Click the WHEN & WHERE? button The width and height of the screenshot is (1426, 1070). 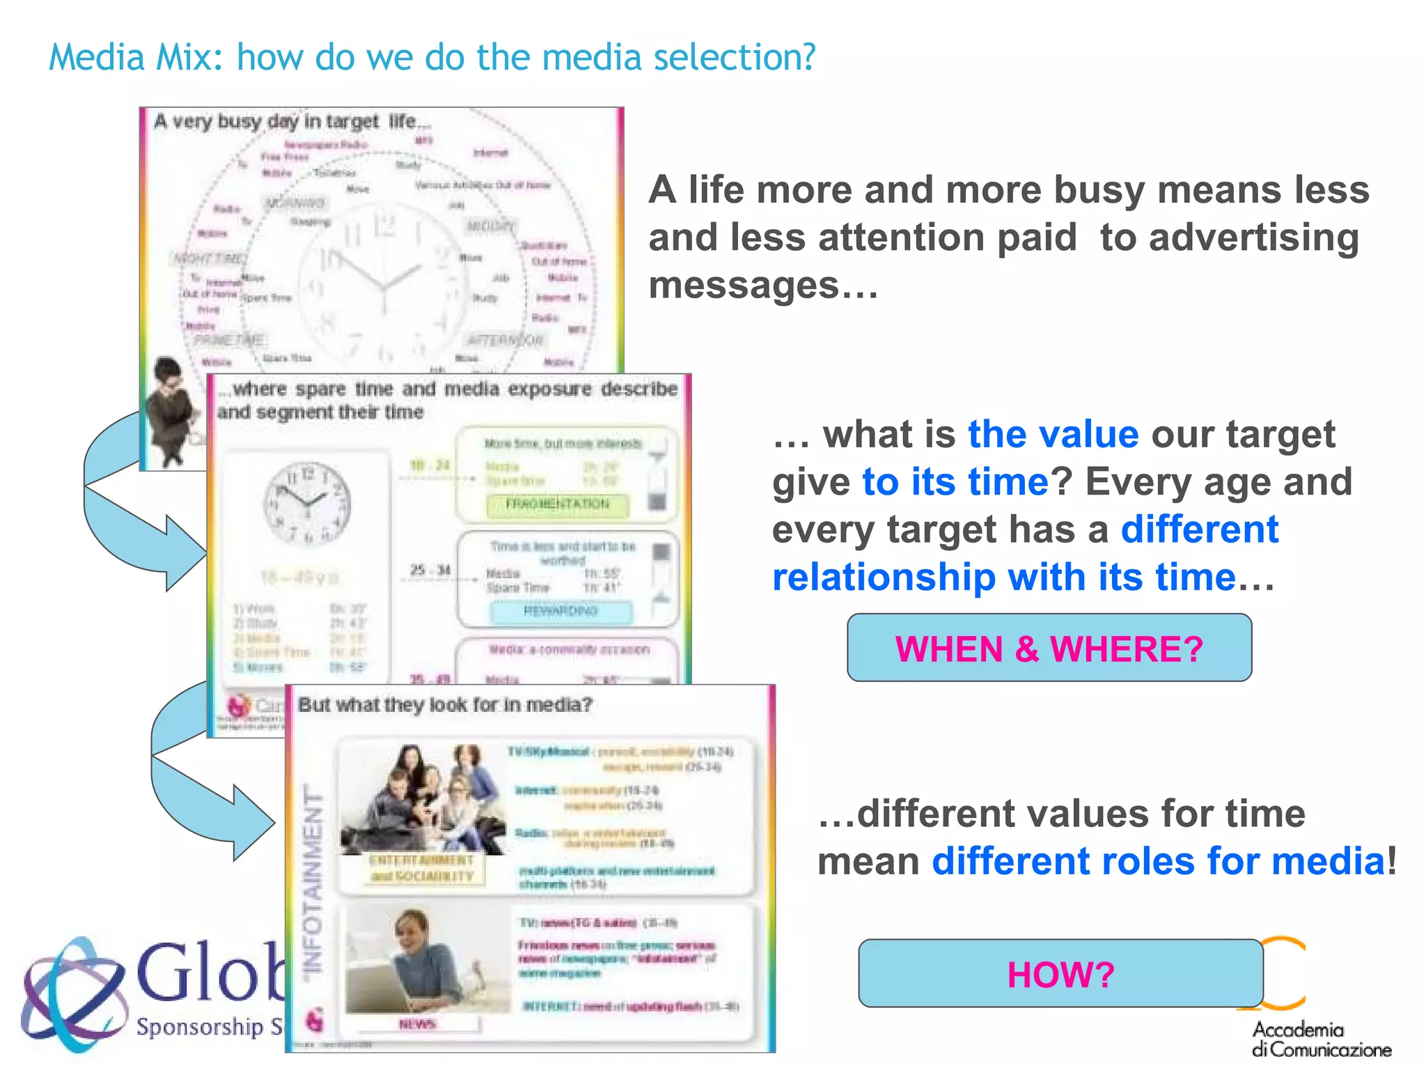(x=1049, y=648)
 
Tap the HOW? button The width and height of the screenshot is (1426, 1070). (x=1060, y=973)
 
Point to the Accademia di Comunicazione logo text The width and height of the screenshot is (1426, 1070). (x=1320, y=1039)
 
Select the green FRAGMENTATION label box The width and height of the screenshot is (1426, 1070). (x=557, y=504)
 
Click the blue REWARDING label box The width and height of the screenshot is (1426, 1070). (x=561, y=612)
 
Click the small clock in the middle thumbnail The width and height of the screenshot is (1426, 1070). (x=307, y=502)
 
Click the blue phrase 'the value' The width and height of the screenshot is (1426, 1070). (x=1053, y=435)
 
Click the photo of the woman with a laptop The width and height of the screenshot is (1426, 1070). (x=425, y=961)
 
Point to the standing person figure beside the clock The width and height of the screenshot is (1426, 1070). (x=171, y=411)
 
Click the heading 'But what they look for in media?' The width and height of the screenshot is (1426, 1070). (x=445, y=705)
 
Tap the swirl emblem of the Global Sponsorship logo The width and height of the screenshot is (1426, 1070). (x=73, y=993)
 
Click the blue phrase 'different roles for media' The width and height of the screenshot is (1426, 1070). (x=1158, y=861)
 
